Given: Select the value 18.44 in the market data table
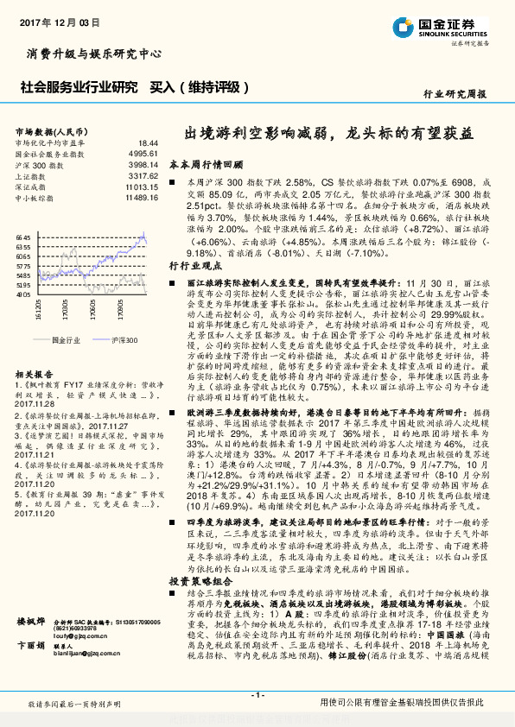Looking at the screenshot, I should [148, 142].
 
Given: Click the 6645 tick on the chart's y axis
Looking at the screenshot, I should [24, 236].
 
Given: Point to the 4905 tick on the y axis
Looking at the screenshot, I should [24, 294].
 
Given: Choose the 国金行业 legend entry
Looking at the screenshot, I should [64, 341].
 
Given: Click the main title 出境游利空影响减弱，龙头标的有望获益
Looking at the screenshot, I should [329, 136].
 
